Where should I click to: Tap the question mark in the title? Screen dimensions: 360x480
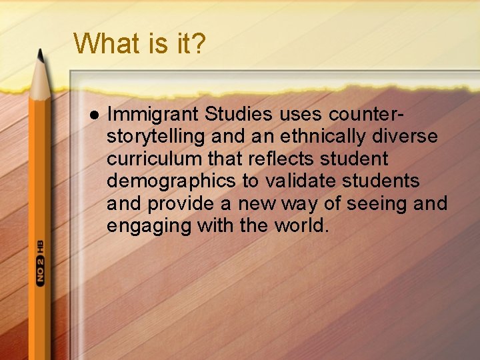(x=198, y=43)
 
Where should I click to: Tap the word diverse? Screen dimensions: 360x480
(x=409, y=137)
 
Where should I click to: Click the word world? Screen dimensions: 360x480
(x=301, y=225)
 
